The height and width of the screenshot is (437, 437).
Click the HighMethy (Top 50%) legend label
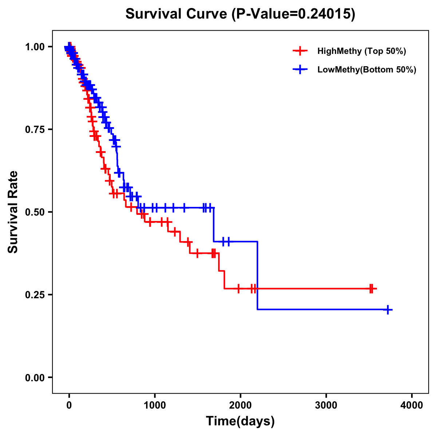click(x=361, y=51)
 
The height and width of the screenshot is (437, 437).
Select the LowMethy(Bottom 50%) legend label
click(x=367, y=70)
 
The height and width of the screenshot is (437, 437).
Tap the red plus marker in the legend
click(x=300, y=51)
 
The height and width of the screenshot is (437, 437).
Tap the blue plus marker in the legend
click(x=300, y=70)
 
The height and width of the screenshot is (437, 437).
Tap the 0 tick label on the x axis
click(x=69, y=405)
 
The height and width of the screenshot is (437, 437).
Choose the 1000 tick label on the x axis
click(x=155, y=405)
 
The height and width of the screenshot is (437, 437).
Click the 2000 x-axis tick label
click(x=240, y=405)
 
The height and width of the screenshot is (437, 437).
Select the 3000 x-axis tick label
click(x=326, y=405)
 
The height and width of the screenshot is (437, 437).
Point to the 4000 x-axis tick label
click(x=412, y=405)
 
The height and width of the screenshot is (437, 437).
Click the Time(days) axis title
click(x=240, y=421)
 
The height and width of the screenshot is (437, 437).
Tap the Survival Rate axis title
click(x=13, y=212)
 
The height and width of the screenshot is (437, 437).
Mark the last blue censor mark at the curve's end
click(x=388, y=310)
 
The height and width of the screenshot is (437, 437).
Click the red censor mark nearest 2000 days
click(x=238, y=288)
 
